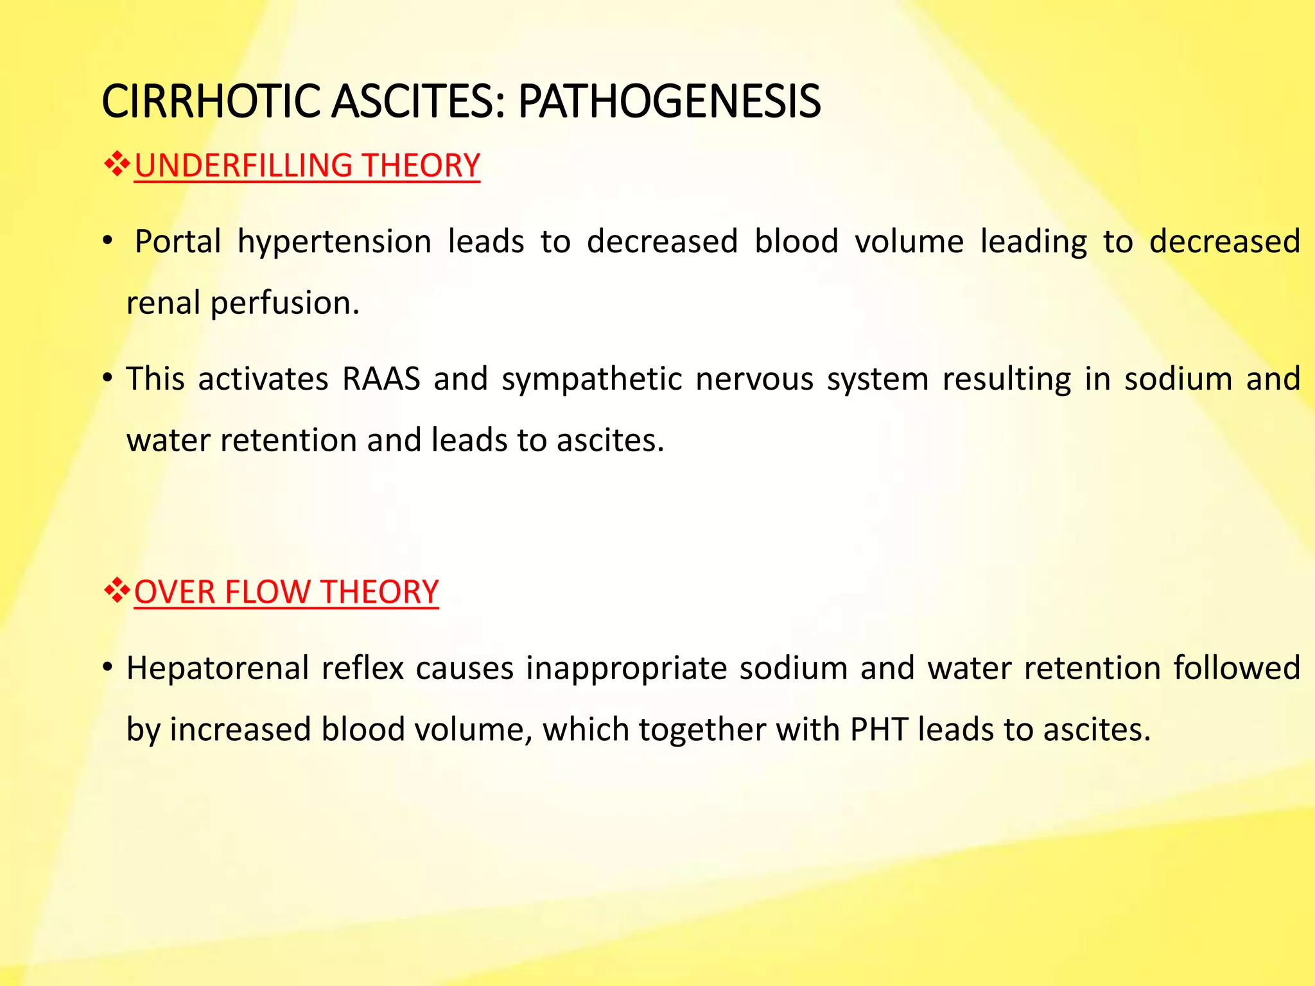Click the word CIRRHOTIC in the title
tap(211, 101)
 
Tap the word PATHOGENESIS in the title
tap(669, 101)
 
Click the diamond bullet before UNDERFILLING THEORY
tap(117, 165)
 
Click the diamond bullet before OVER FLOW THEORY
tap(117, 591)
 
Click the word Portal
tap(178, 242)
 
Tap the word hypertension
tap(334, 242)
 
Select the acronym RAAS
tap(381, 379)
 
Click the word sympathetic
tap(591, 379)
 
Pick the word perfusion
tap(284, 303)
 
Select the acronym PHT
tap(878, 730)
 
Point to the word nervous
tap(754, 379)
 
